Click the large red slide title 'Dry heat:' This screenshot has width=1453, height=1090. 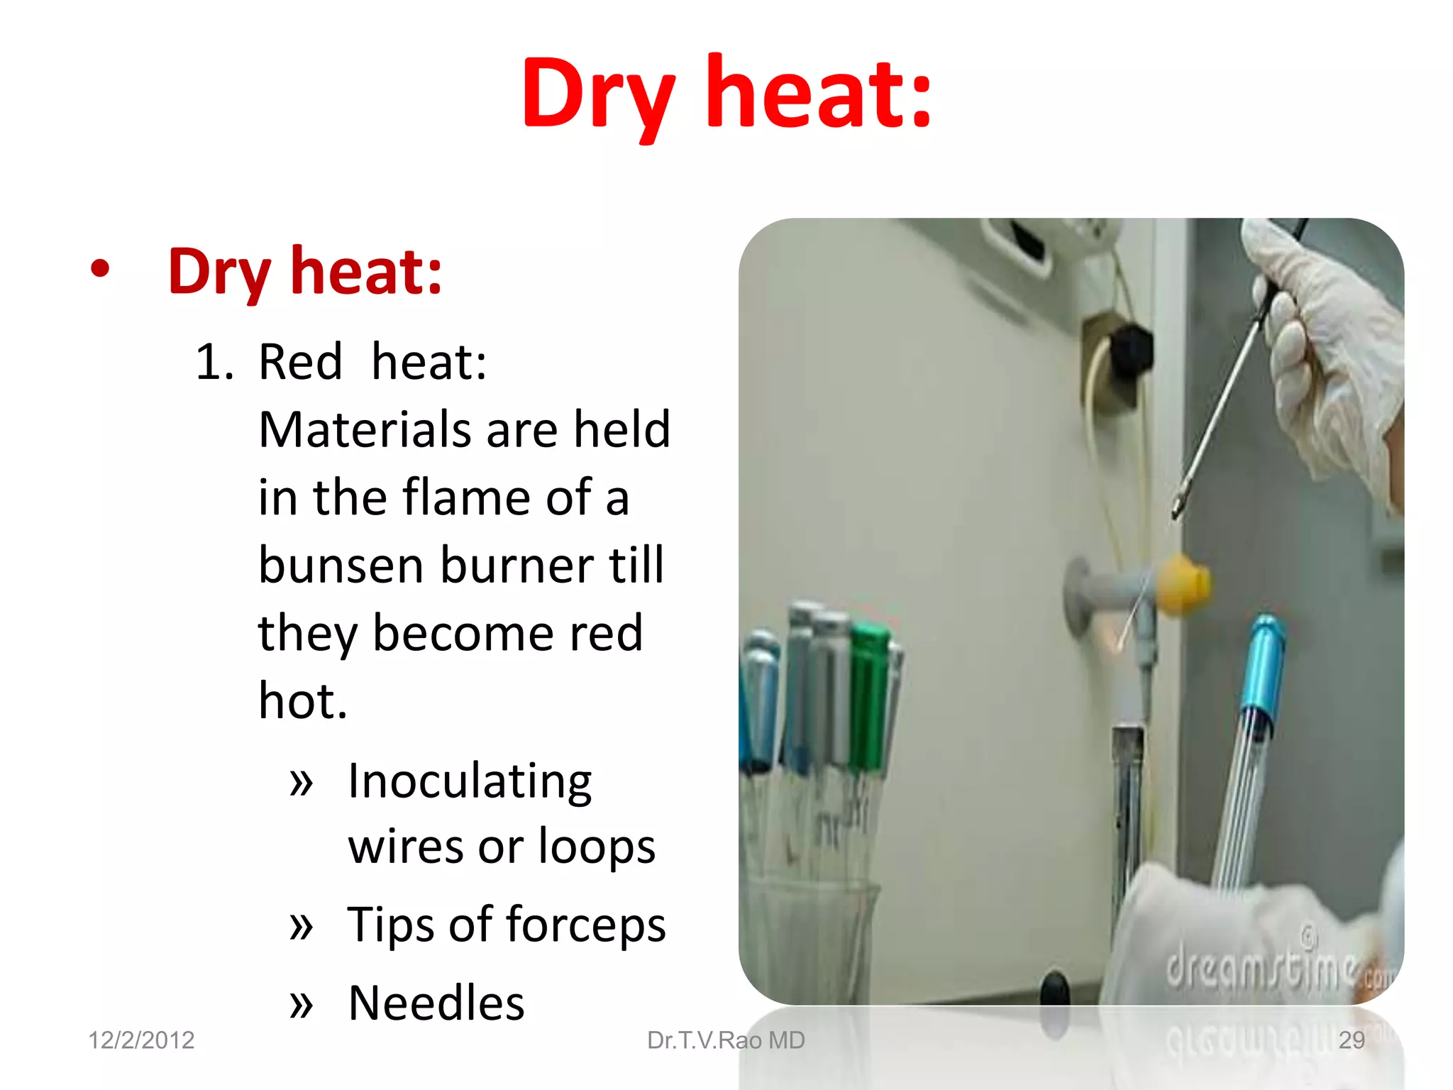726,96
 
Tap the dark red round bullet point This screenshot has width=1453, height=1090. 100,269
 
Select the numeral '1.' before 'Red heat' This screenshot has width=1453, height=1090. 214,362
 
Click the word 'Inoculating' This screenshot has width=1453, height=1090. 470,781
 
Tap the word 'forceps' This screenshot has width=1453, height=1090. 585,925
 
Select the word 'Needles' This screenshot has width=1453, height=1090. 436,1003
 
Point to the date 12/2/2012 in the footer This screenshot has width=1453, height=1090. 141,1040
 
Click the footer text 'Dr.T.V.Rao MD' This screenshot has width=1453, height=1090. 726,1040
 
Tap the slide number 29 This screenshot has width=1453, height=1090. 1351,1040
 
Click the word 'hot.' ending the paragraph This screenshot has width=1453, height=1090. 303,701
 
